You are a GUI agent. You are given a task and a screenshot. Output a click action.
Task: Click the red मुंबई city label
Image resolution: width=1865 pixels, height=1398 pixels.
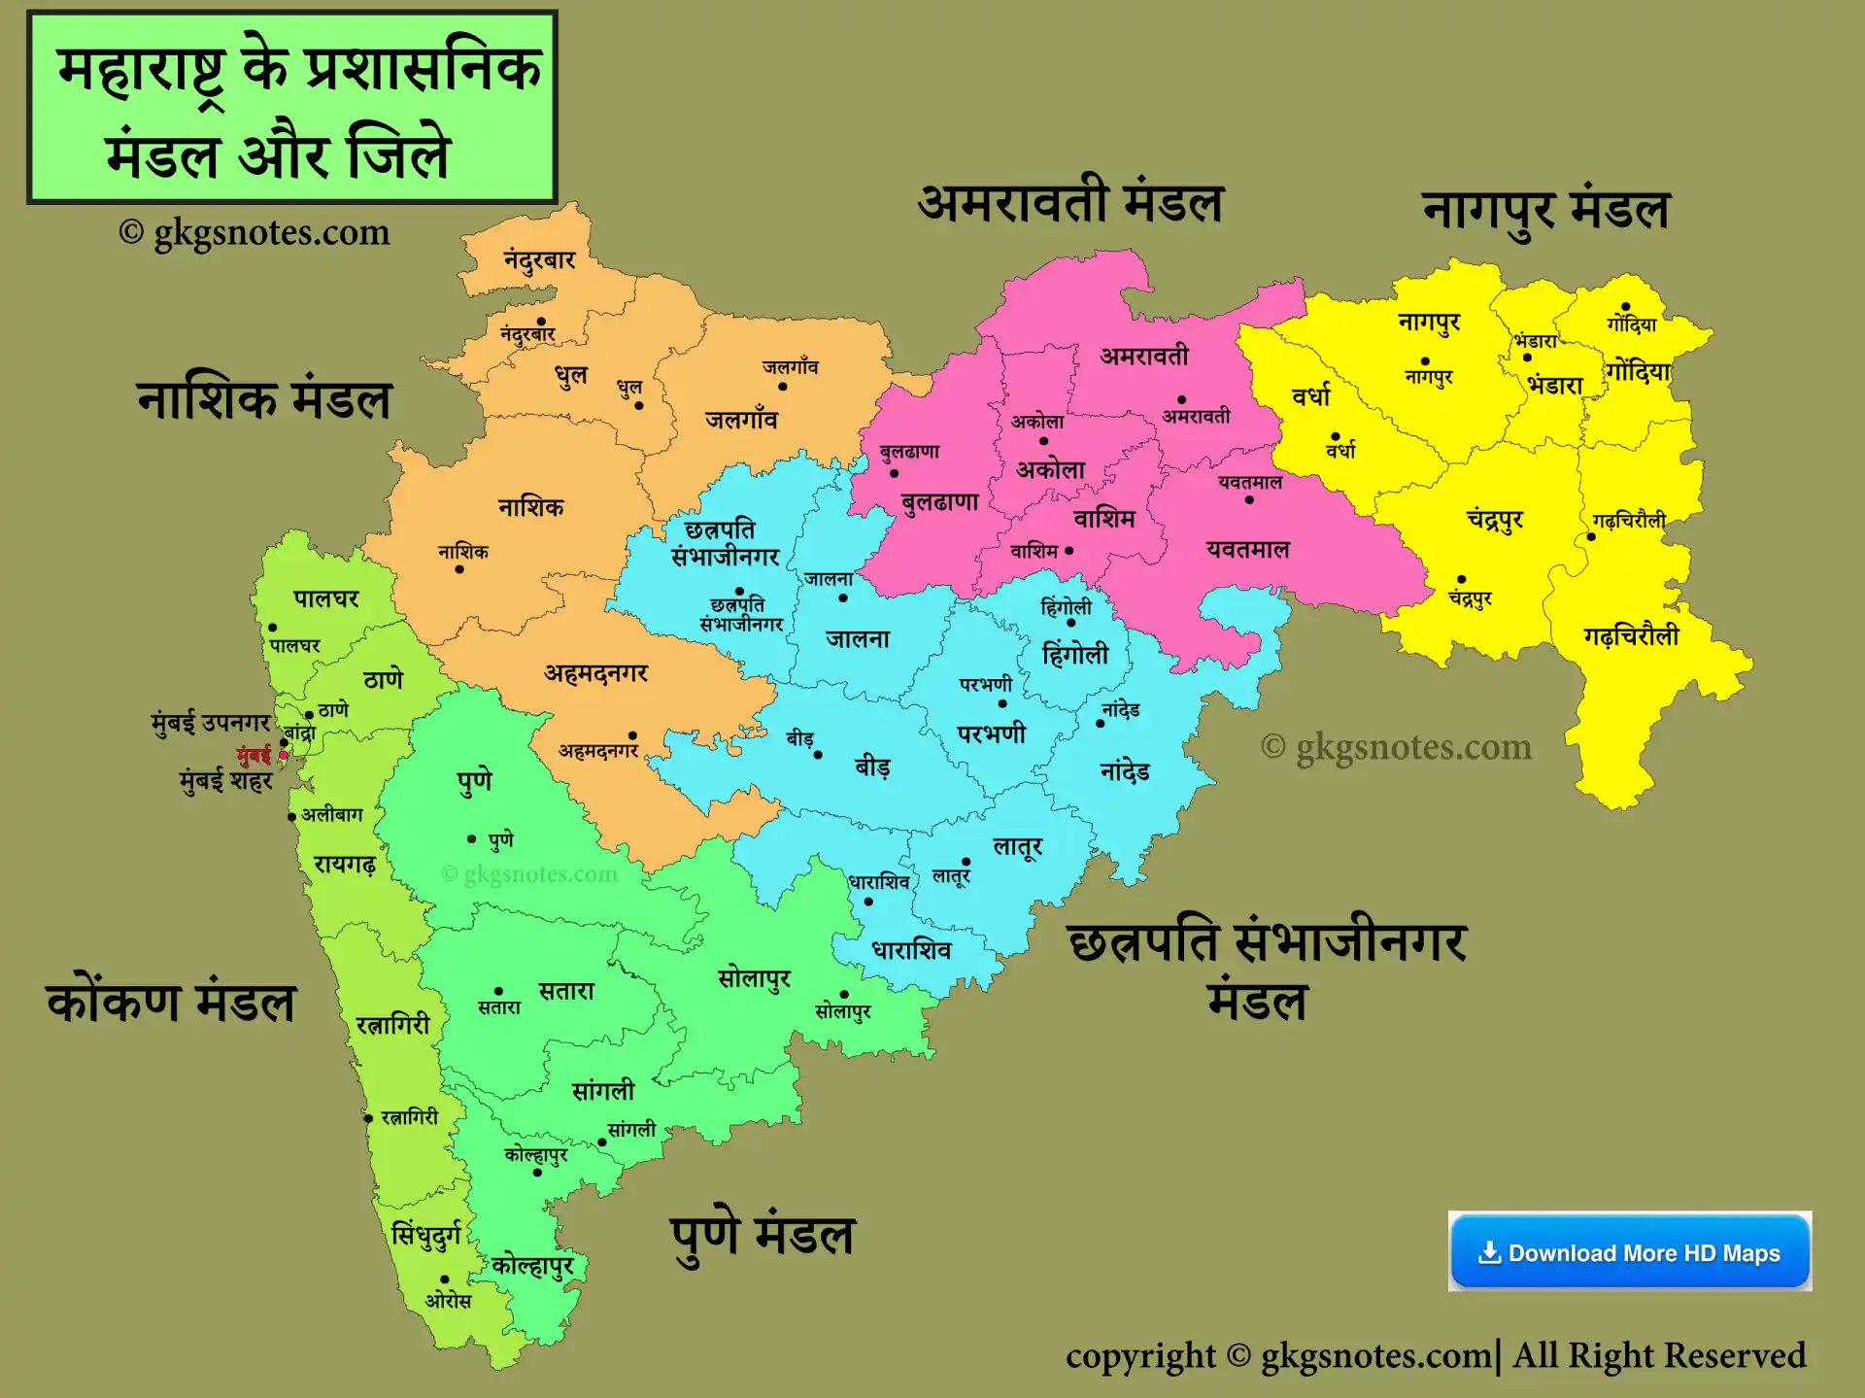[254, 755]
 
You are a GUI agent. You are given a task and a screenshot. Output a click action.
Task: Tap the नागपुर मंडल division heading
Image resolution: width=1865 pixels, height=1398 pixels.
[1545, 211]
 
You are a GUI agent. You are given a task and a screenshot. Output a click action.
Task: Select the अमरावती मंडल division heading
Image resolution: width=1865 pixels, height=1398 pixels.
[1070, 203]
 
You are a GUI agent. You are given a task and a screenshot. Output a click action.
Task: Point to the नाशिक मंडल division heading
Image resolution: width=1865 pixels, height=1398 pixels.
[264, 399]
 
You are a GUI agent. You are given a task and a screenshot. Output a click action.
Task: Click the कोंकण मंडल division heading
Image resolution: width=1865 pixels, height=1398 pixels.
[171, 1002]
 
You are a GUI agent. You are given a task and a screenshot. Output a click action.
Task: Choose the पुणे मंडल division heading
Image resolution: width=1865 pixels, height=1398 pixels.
[763, 1236]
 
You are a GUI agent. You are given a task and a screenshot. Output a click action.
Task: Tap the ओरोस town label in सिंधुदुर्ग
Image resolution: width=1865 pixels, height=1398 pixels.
[448, 1300]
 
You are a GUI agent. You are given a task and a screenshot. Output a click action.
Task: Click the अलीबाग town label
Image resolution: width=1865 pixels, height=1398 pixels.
[332, 814]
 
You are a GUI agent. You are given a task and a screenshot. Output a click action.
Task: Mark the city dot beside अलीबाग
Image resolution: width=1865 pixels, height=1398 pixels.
[291, 817]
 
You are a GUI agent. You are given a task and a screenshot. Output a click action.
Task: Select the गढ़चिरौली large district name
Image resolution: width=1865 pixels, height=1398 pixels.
[1631, 636]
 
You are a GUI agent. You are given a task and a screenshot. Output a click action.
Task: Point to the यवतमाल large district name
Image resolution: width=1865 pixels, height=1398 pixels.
[1248, 549]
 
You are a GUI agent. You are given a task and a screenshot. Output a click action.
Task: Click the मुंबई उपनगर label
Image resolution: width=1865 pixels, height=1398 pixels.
[211, 722]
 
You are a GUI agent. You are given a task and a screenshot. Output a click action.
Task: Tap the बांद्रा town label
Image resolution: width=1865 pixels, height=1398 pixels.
[300, 733]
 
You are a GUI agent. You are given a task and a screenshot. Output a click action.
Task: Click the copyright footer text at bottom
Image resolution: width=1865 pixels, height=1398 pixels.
[1435, 1355]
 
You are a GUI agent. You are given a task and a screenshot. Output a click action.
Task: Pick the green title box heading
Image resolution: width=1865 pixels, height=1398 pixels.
[291, 107]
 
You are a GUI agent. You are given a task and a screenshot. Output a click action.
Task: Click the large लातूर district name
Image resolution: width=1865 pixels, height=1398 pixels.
[1017, 846]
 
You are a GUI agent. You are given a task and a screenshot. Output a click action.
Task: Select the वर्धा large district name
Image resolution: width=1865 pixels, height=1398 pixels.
[1310, 396]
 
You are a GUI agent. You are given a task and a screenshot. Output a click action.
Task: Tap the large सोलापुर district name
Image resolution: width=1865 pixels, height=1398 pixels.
[754, 978]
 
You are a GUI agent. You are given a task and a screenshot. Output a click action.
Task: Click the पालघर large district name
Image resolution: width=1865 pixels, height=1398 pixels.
[326, 598]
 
